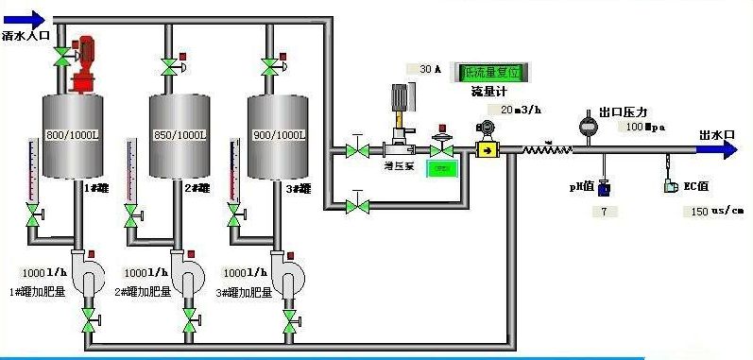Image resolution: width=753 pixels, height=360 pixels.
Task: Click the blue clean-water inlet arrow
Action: click(24, 17)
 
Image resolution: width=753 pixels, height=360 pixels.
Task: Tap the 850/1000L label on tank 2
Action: click(178, 135)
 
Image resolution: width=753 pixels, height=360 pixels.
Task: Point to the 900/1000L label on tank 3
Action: click(280, 135)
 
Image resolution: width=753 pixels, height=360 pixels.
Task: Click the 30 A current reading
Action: click(425, 69)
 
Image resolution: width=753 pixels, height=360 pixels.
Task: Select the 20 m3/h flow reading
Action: click(510, 109)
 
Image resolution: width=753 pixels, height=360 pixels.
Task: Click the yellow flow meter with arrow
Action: click(487, 149)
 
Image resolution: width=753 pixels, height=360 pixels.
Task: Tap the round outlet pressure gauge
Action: click(588, 125)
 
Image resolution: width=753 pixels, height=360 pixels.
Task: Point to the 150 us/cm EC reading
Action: click(710, 212)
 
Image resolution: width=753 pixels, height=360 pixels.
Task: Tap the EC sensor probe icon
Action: click(670, 185)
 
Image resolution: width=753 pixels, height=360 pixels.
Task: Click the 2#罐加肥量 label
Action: click(143, 292)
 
